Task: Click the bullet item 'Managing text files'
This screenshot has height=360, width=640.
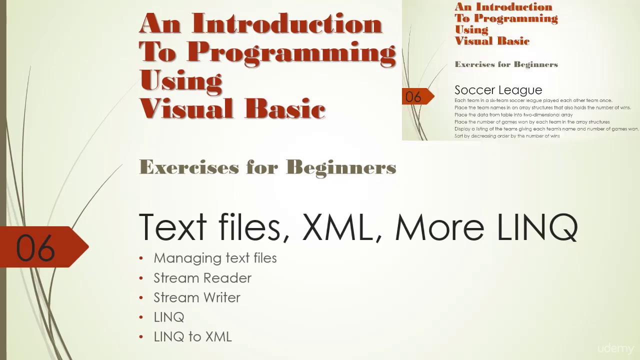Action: click(215, 258)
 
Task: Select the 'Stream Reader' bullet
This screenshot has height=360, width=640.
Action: click(202, 278)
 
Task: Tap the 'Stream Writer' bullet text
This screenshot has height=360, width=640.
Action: click(196, 297)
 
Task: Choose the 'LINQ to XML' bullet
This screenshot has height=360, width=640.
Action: click(192, 336)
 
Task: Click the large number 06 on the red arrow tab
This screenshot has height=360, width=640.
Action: click(35, 248)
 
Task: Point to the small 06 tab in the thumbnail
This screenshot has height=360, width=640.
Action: click(413, 96)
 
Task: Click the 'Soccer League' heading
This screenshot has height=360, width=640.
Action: click(498, 90)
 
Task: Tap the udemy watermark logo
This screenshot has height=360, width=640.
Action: click(615, 348)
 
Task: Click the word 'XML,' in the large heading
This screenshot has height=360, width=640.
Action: click(338, 227)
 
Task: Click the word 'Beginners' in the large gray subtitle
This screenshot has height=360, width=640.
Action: click(341, 167)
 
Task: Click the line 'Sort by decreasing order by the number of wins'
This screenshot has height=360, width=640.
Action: click(506, 136)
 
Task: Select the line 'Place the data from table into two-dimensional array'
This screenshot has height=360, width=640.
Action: click(513, 114)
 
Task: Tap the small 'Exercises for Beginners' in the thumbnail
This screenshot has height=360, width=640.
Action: click(506, 64)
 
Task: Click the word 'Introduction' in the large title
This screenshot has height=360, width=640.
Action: click(287, 23)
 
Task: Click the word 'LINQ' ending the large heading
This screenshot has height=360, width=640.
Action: click(537, 227)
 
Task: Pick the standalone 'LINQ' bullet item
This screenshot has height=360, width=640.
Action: click(169, 317)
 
